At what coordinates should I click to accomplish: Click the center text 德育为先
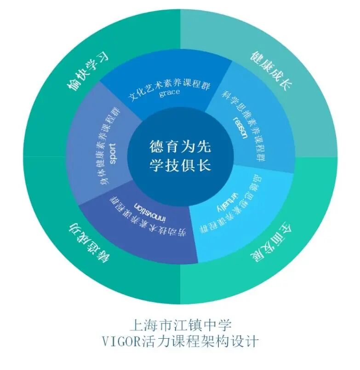click(x=180, y=146)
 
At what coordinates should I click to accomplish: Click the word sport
click(x=113, y=153)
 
